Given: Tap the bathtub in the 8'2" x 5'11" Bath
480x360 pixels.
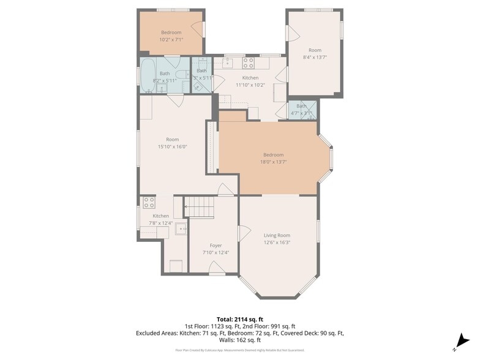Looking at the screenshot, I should point(149,75).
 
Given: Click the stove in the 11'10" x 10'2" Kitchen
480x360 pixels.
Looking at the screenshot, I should point(248,62).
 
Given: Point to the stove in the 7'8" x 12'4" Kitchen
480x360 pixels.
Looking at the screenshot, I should point(149,202).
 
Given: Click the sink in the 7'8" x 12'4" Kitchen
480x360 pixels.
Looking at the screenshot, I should point(181,230).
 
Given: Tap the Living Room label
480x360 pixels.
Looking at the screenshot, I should point(277,235).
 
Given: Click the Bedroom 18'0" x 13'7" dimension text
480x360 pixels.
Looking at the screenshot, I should point(273,162).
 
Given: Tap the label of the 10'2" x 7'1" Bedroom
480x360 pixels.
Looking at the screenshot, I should point(171,32).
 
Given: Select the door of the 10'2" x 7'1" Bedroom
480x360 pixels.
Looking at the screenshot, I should point(198,28).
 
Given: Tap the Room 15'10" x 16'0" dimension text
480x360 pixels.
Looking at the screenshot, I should point(172,147).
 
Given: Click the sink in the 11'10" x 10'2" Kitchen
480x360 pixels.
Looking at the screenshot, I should point(227,63).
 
